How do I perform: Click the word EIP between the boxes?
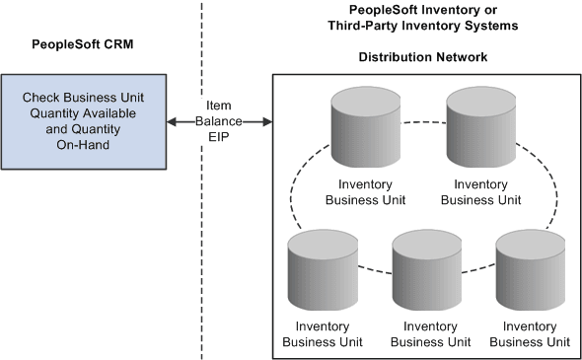pyautogui.click(x=219, y=138)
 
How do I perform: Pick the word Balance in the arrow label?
pyautogui.click(x=219, y=122)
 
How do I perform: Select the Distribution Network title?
pyautogui.click(x=421, y=57)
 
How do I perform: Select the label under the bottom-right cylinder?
pyautogui.click(x=530, y=334)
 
